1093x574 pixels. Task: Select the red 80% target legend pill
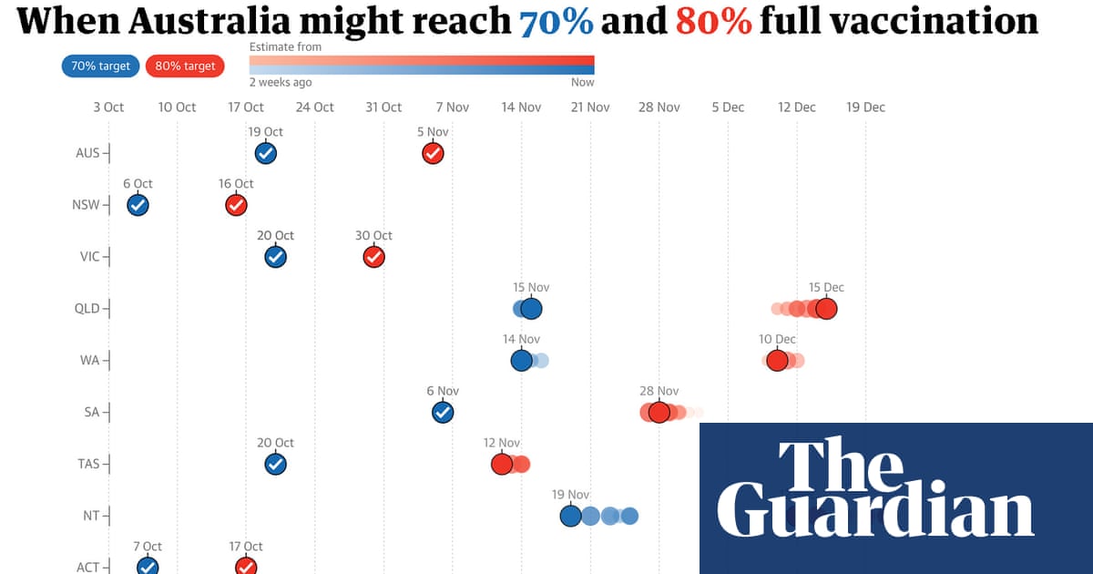click(x=185, y=66)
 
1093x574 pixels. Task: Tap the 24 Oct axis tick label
click(x=315, y=107)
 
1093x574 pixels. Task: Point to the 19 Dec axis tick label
click(x=865, y=107)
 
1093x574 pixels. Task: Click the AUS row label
click(x=88, y=153)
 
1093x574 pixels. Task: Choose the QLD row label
click(x=87, y=309)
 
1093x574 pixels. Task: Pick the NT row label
click(x=91, y=516)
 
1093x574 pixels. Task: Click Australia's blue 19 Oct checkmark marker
click(x=266, y=153)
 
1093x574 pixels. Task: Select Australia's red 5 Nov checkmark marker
click(x=433, y=153)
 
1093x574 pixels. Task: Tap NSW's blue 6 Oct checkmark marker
click(x=138, y=205)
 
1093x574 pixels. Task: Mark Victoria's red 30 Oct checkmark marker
click(x=373, y=257)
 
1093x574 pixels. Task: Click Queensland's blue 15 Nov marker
click(x=531, y=309)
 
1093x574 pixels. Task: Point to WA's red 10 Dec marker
click(x=777, y=361)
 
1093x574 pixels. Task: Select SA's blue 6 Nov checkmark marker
click(x=443, y=413)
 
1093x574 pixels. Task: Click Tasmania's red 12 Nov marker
click(x=502, y=465)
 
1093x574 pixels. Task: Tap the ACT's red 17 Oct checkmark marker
click(x=246, y=566)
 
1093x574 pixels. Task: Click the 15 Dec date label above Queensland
click(x=826, y=287)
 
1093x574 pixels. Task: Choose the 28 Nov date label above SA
click(x=659, y=391)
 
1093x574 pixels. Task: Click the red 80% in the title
click(x=714, y=20)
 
